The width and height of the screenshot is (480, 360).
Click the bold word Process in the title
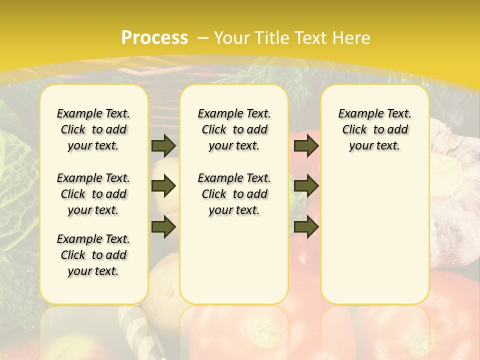pyautogui.click(x=154, y=38)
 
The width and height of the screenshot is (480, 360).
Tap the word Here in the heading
pyautogui.click(x=352, y=38)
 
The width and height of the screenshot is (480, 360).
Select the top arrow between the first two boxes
pyautogui.click(x=163, y=145)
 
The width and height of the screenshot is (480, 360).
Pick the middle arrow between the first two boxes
pyautogui.click(x=163, y=186)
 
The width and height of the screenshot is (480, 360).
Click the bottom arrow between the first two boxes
pyautogui.click(x=163, y=226)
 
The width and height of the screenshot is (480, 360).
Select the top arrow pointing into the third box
pyautogui.click(x=306, y=145)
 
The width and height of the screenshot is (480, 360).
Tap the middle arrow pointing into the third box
pyautogui.click(x=306, y=186)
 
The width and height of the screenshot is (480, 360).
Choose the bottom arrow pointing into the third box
pyautogui.click(x=306, y=226)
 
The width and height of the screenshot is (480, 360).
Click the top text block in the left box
pyautogui.click(x=93, y=129)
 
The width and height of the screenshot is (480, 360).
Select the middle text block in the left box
pyautogui.click(x=93, y=194)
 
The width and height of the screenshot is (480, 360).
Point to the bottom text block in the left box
pyautogui.click(x=93, y=255)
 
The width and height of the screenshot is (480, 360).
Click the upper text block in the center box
pyautogui.click(x=234, y=129)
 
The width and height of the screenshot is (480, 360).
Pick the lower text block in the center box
pyautogui.click(x=234, y=194)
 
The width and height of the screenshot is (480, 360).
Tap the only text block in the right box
pyautogui.click(x=374, y=129)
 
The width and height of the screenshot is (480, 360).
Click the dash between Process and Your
pyautogui.click(x=203, y=38)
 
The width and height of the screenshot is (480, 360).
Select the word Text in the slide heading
pyautogui.click(x=310, y=38)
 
